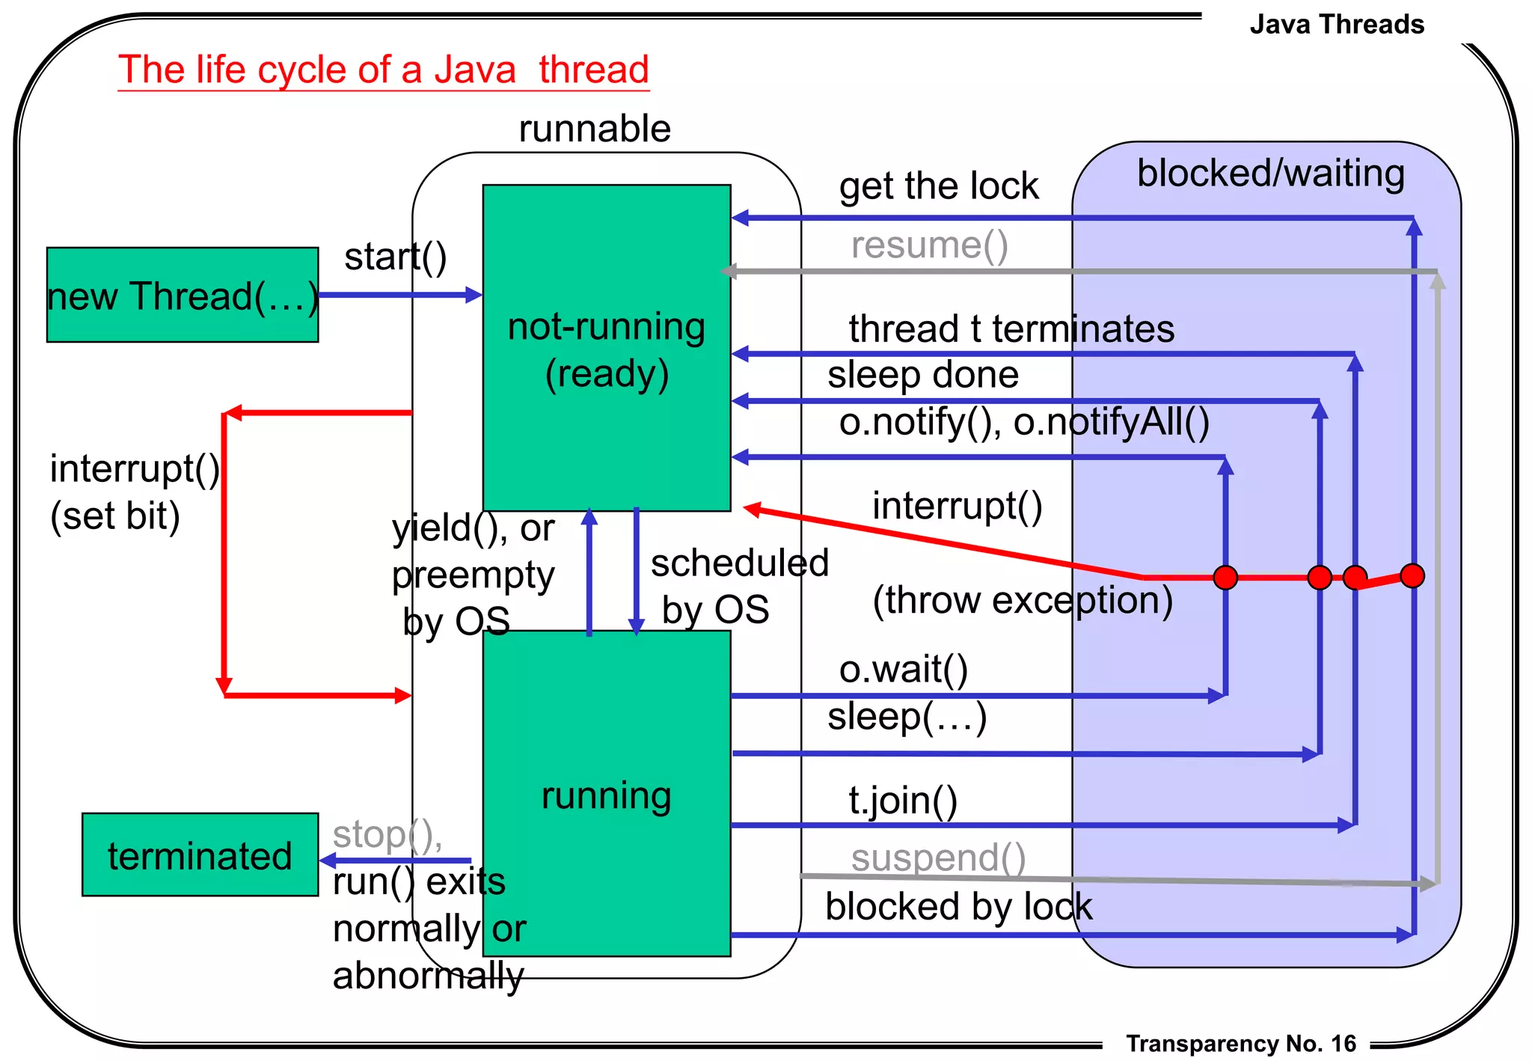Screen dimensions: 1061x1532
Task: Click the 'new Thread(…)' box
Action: [x=182, y=296]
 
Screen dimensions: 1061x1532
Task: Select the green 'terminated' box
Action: [x=200, y=855]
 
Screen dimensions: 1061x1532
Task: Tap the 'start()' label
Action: [x=395, y=257]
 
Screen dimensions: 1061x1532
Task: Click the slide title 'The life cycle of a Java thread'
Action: [x=383, y=70]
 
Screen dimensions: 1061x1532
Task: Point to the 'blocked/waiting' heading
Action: [x=1270, y=174]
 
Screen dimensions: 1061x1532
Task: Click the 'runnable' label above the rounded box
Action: [x=595, y=129]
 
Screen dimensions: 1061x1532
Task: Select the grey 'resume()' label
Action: [x=929, y=245]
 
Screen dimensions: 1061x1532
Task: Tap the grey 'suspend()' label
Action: [x=938, y=857]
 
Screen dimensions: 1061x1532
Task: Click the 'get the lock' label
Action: [x=938, y=186]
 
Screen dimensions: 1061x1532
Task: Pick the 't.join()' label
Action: [x=902, y=801]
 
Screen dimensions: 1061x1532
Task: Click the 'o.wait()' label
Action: [x=903, y=669]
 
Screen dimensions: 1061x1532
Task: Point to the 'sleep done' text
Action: [x=922, y=374]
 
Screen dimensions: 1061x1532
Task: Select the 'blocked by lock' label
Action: [x=958, y=907]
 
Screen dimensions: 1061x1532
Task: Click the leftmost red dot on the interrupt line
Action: [x=1225, y=578]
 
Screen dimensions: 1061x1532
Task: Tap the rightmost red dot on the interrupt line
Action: [x=1412, y=575]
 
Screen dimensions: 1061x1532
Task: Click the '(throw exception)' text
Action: [x=1022, y=600]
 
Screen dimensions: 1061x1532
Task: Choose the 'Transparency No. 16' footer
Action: [x=1240, y=1044]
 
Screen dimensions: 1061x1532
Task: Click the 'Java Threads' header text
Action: [x=1336, y=25]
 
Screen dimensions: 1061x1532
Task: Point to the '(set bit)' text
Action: [x=115, y=516]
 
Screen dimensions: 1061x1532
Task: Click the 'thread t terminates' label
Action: [x=1011, y=329]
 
